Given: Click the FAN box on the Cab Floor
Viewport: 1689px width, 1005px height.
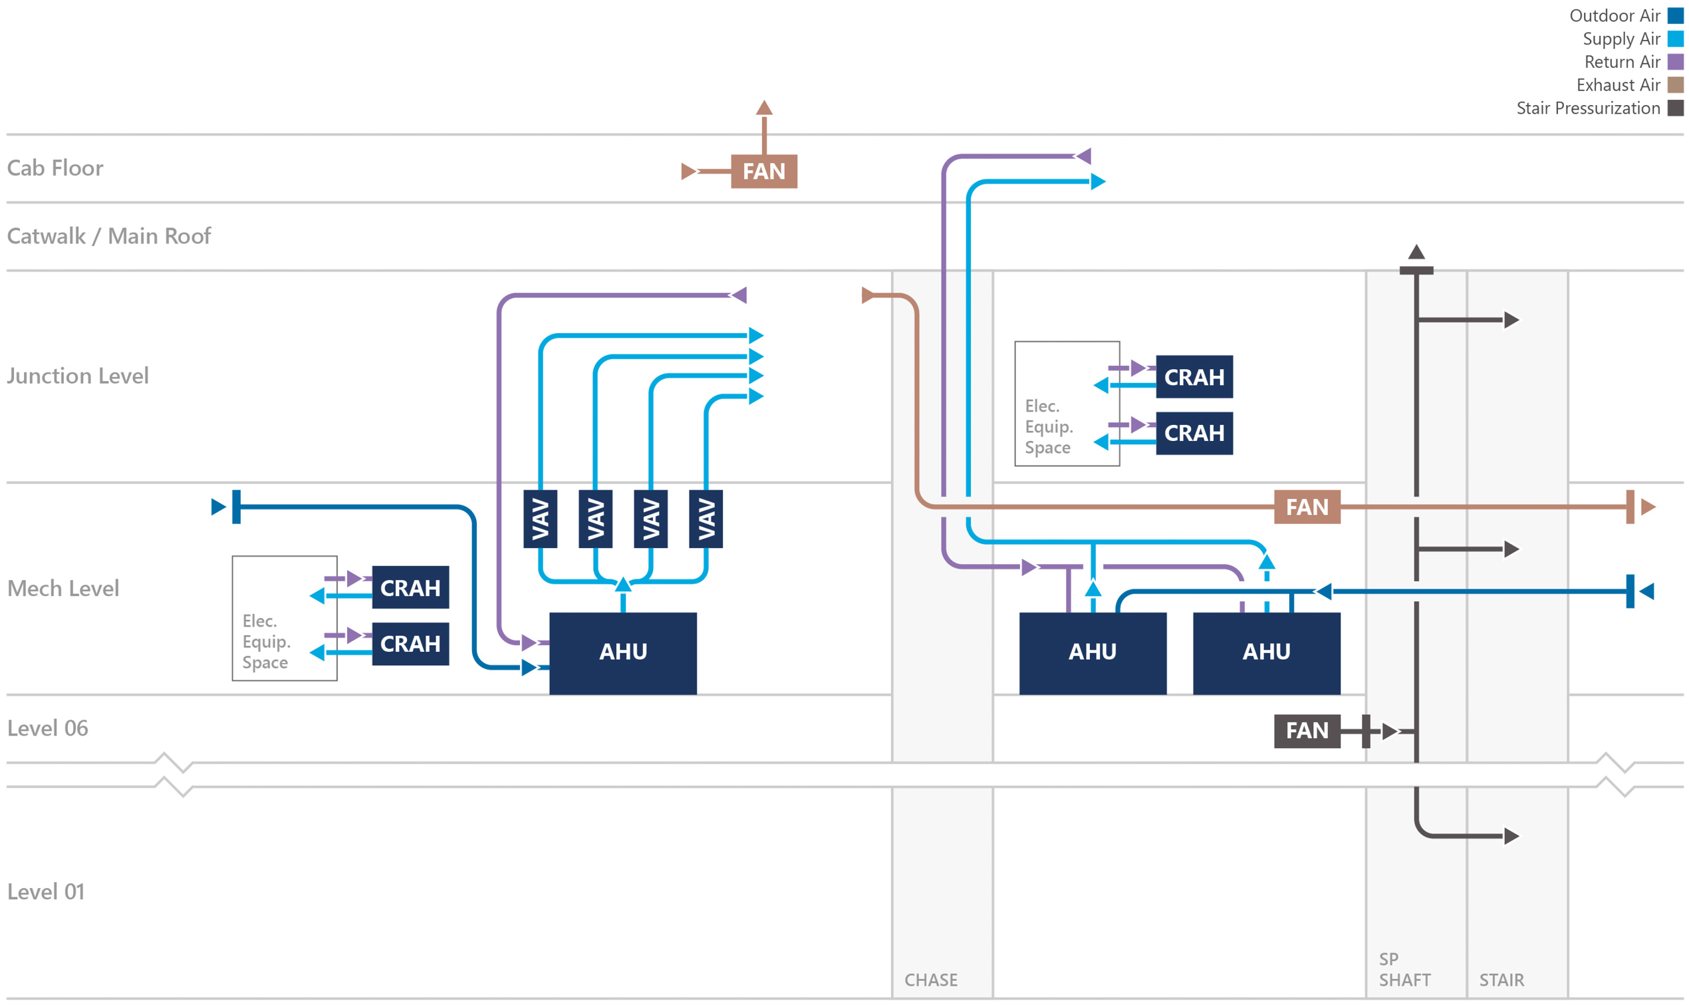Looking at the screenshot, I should tap(763, 172).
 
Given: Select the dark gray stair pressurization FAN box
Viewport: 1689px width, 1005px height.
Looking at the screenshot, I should tap(1307, 731).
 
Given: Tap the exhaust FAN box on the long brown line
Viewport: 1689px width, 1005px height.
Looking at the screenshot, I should tap(1307, 507).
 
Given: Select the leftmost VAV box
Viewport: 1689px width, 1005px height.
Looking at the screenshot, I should tap(539, 519).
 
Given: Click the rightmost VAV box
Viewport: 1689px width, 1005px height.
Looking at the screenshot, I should tap(706, 519).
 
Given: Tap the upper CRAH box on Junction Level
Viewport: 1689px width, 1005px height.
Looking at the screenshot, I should tap(1194, 376).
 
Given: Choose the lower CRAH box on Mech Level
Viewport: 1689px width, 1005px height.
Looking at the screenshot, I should tap(410, 643).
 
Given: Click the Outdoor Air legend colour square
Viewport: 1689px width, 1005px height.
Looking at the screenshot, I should tap(1675, 15).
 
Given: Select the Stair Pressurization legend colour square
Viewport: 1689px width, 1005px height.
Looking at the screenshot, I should tap(1675, 108).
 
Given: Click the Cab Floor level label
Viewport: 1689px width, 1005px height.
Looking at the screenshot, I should tap(55, 168).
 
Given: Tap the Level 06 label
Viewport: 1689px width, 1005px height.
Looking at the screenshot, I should tap(47, 728).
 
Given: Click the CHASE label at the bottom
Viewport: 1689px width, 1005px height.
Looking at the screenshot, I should tap(931, 980).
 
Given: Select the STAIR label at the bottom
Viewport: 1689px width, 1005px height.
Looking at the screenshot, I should tap(1501, 980).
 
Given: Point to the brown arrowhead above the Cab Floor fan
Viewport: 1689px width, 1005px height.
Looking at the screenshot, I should tap(763, 108).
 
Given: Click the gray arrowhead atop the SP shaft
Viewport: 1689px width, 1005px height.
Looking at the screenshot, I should tap(1416, 252).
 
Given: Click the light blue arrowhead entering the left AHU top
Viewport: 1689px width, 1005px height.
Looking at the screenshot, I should tap(623, 584).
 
